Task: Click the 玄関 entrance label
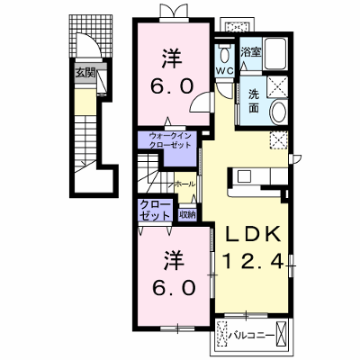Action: [x=85, y=73]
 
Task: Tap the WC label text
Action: [x=225, y=71]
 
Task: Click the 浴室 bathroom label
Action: [x=250, y=52]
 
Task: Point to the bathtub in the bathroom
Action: [x=274, y=54]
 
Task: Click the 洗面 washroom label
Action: [x=254, y=102]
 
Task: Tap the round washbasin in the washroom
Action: [x=279, y=112]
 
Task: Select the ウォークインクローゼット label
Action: [x=170, y=140]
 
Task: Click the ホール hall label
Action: [x=184, y=184]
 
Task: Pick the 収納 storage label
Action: [x=187, y=214]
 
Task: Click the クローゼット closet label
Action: [x=156, y=211]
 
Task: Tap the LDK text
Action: [x=253, y=234]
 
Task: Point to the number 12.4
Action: [x=254, y=260]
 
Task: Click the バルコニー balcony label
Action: [x=252, y=335]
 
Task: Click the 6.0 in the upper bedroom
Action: [x=171, y=86]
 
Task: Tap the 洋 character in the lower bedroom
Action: [x=173, y=260]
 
